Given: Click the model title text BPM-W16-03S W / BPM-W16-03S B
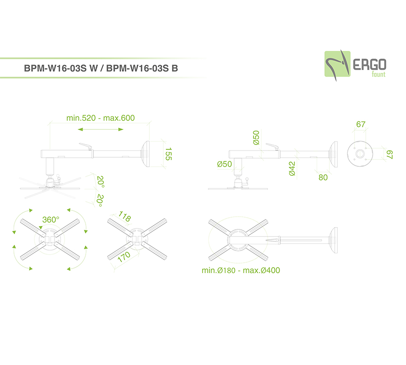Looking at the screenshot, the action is pyautogui.click(x=101, y=68).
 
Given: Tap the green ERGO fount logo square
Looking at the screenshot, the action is pyautogui.click(x=337, y=64).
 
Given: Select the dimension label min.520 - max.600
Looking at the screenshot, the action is pyautogui.click(x=101, y=118).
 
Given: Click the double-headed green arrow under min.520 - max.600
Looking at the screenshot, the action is pyautogui.click(x=101, y=129).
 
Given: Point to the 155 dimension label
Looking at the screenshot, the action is pyautogui.click(x=168, y=154).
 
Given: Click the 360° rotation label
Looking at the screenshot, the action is pyautogui.click(x=51, y=219).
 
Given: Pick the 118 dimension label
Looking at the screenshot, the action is pyautogui.click(x=125, y=216).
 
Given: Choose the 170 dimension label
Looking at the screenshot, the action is pyautogui.click(x=124, y=257).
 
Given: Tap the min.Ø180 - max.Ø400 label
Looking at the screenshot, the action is pyautogui.click(x=241, y=270).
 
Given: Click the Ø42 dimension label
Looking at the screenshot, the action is pyautogui.click(x=292, y=169).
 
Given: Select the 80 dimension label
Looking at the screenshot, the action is pyautogui.click(x=323, y=178).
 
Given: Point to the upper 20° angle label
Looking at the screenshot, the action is pyautogui.click(x=101, y=182).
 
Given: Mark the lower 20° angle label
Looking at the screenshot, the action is pyautogui.click(x=100, y=201).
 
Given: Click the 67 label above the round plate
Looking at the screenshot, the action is pyautogui.click(x=361, y=124).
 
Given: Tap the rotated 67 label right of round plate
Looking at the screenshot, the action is pyautogui.click(x=389, y=155).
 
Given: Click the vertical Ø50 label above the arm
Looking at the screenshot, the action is pyautogui.click(x=256, y=137).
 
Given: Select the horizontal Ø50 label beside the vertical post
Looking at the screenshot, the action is pyautogui.click(x=225, y=164).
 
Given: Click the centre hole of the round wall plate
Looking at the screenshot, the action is pyautogui.click(x=360, y=154).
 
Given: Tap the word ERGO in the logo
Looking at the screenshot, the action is pyautogui.click(x=369, y=64).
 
